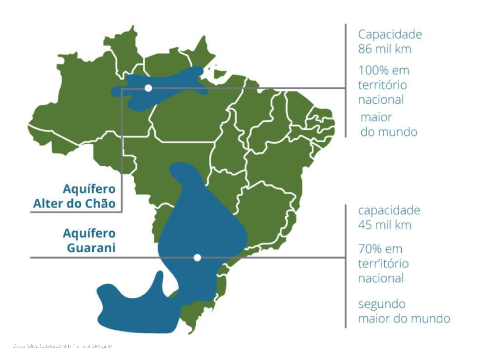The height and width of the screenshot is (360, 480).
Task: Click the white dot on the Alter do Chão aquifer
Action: tap(148, 88)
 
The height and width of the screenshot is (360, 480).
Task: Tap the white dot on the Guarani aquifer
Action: tap(197, 257)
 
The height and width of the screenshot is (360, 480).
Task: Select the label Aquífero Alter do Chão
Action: tap(74, 196)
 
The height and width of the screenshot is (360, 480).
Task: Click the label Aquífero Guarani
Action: tap(89, 241)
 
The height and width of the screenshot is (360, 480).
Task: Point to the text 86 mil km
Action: tap(384, 49)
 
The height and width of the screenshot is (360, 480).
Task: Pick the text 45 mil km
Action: tap(384, 225)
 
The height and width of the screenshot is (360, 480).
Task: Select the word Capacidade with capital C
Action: tap(390, 34)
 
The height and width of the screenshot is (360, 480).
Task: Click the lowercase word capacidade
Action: tap(389, 210)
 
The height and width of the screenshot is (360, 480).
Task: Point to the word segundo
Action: tap(382, 304)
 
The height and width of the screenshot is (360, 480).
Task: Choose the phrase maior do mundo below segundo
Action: tap(404, 318)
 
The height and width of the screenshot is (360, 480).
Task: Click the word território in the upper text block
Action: tap(382, 85)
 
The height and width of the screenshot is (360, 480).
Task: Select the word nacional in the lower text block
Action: tap(381, 278)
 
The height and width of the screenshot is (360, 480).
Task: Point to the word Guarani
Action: tap(91, 248)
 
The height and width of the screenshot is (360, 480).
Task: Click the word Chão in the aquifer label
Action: tap(100, 204)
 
